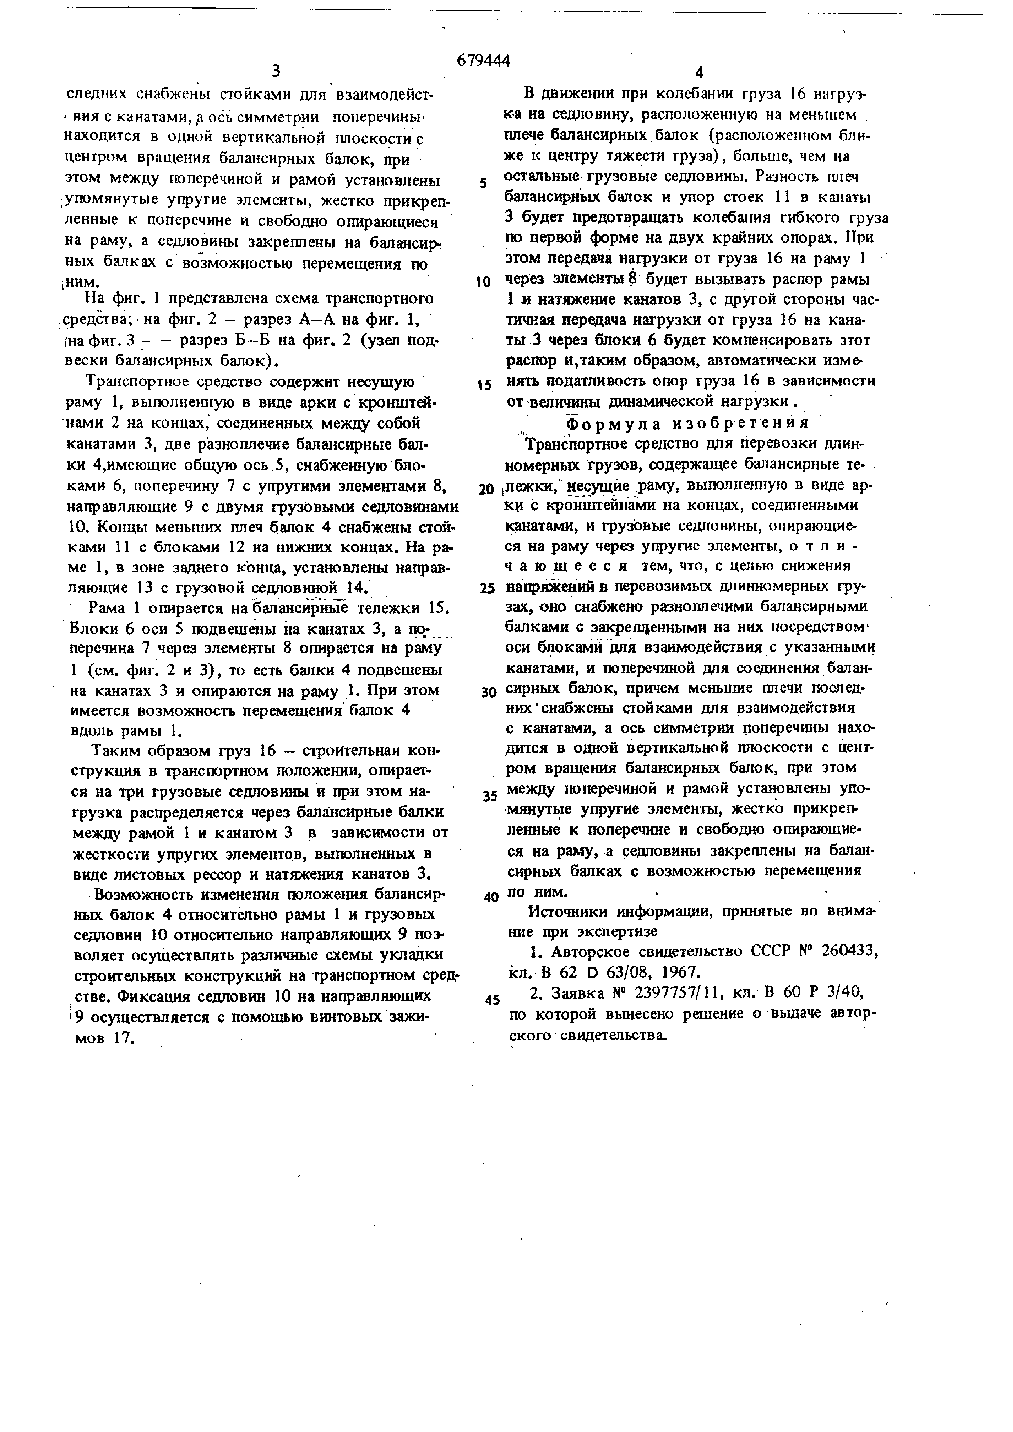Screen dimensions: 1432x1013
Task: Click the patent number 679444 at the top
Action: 483,60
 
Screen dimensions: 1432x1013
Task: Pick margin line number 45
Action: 492,1000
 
